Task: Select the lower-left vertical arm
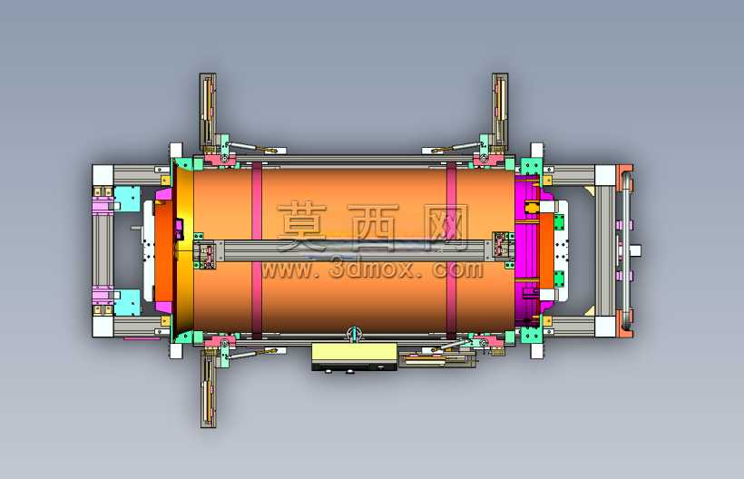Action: point(208,388)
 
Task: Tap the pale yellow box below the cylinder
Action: point(354,353)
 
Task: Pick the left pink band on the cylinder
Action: point(257,250)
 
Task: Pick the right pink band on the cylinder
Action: point(451,250)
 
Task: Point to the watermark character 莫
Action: point(302,227)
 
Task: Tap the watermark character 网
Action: point(446,227)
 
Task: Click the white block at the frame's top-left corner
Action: point(103,175)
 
